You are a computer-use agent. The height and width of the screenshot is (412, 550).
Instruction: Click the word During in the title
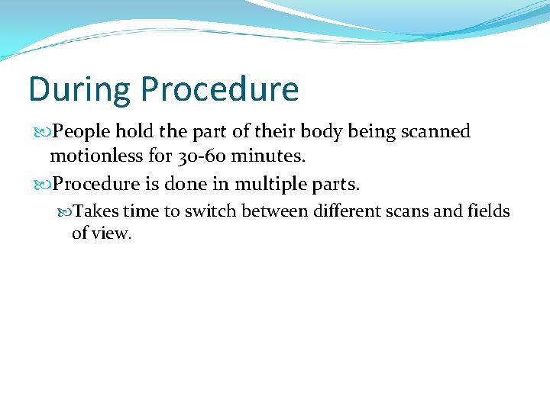pos(79,90)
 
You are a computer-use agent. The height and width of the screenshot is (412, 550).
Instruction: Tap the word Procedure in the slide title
pos(218,90)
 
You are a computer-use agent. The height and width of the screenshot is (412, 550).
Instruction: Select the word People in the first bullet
pos(81,132)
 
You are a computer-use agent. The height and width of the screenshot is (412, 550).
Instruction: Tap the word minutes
pos(272,157)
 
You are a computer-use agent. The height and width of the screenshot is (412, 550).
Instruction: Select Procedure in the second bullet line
pos(96,185)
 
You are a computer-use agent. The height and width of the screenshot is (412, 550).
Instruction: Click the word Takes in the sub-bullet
pos(97,211)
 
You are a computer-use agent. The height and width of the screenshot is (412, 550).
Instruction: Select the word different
pos(341,211)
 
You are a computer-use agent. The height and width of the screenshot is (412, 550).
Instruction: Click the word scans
pos(409,211)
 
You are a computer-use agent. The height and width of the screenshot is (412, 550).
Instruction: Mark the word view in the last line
pos(112,233)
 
